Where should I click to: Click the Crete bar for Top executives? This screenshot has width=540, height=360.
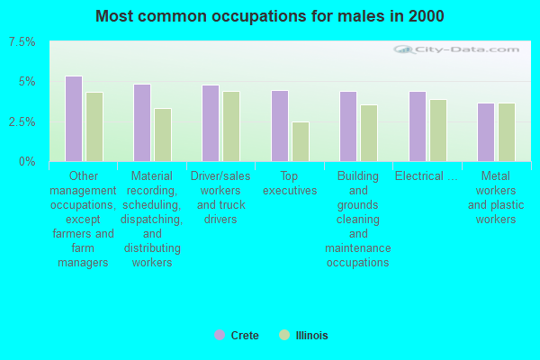click(280, 126)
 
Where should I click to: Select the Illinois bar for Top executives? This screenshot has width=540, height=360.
click(301, 142)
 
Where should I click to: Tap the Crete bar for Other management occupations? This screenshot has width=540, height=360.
click(74, 119)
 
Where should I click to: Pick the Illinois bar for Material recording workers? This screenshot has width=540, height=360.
click(163, 135)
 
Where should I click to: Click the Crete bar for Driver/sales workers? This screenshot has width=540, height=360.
click(211, 123)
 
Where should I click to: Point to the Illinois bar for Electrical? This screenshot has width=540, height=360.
click(438, 130)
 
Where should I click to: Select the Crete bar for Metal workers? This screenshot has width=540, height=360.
click(486, 132)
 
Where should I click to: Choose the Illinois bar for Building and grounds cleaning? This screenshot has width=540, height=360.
click(369, 133)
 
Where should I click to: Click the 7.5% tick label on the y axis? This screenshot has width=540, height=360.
click(22, 42)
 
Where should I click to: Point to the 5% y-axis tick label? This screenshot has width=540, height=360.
click(27, 82)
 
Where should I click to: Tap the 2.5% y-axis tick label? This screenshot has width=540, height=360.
click(22, 122)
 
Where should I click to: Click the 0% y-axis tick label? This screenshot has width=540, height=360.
click(27, 162)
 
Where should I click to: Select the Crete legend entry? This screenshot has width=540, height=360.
click(237, 335)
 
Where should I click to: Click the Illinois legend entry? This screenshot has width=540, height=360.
click(304, 335)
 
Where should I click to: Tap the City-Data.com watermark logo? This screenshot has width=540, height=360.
click(456, 49)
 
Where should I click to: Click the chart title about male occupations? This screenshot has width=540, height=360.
click(270, 16)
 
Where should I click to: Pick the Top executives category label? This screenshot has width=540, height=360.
click(290, 184)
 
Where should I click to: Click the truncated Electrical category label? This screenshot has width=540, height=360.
click(427, 176)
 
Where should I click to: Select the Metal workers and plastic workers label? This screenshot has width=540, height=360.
click(496, 198)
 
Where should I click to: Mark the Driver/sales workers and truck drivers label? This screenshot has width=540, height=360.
click(220, 198)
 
